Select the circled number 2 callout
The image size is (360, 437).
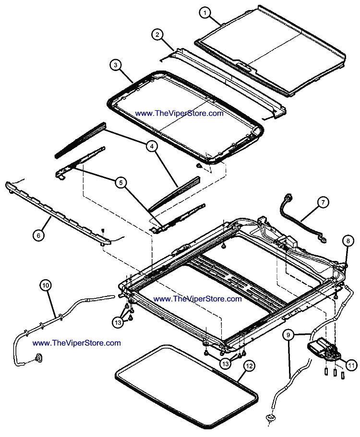(x=157, y=35)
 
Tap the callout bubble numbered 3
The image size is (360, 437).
(x=115, y=65)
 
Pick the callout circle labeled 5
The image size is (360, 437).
(x=120, y=182)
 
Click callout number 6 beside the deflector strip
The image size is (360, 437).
(x=38, y=235)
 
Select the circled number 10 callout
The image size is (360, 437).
(x=46, y=285)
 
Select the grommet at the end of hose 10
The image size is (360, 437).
(x=38, y=357)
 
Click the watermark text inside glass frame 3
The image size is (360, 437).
(x=180, y=114)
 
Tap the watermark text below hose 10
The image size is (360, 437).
(x=77, y=343)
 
